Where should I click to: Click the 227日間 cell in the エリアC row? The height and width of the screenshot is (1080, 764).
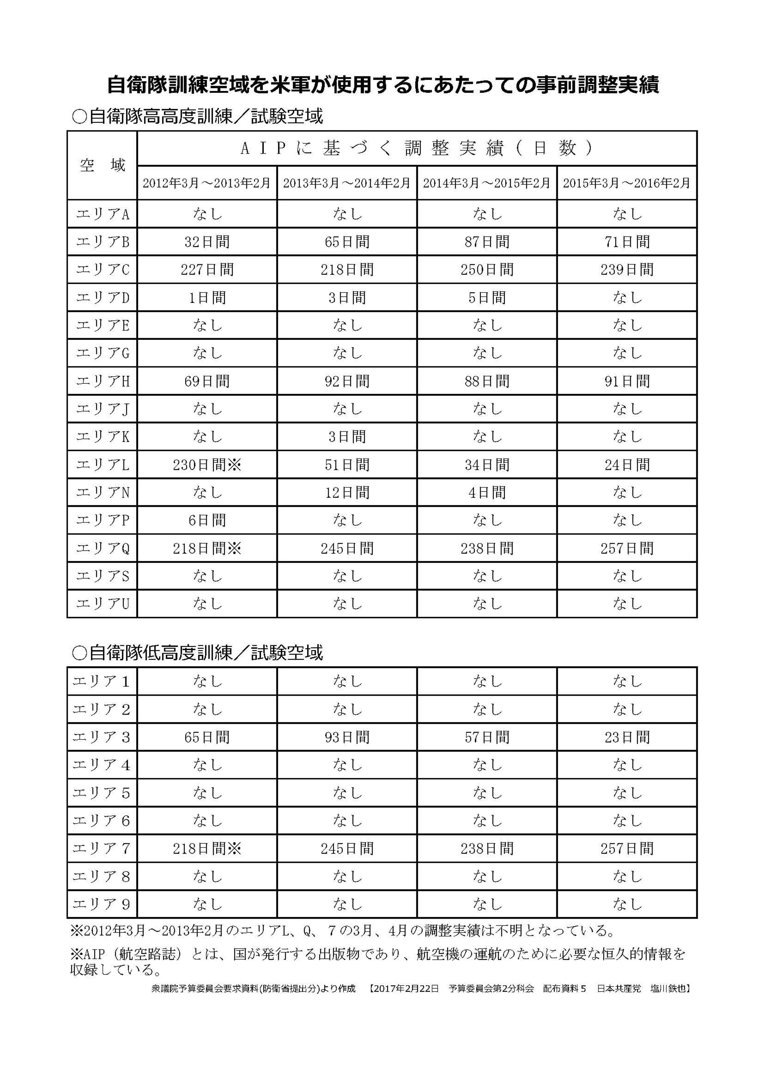207,269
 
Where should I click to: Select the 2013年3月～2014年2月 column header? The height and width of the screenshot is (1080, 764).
347,183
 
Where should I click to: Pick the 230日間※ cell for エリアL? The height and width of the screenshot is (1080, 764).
207,465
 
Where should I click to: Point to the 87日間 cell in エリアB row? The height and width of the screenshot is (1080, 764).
487,242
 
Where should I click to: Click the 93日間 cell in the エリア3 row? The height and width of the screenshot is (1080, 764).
347,737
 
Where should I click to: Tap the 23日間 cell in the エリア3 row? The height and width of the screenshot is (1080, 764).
627,737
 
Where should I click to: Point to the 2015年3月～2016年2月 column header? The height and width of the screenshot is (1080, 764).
627,183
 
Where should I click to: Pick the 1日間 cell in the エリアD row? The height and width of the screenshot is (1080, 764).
207,298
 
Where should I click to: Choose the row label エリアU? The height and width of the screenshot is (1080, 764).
102,603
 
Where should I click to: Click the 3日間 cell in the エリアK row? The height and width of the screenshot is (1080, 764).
347,437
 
